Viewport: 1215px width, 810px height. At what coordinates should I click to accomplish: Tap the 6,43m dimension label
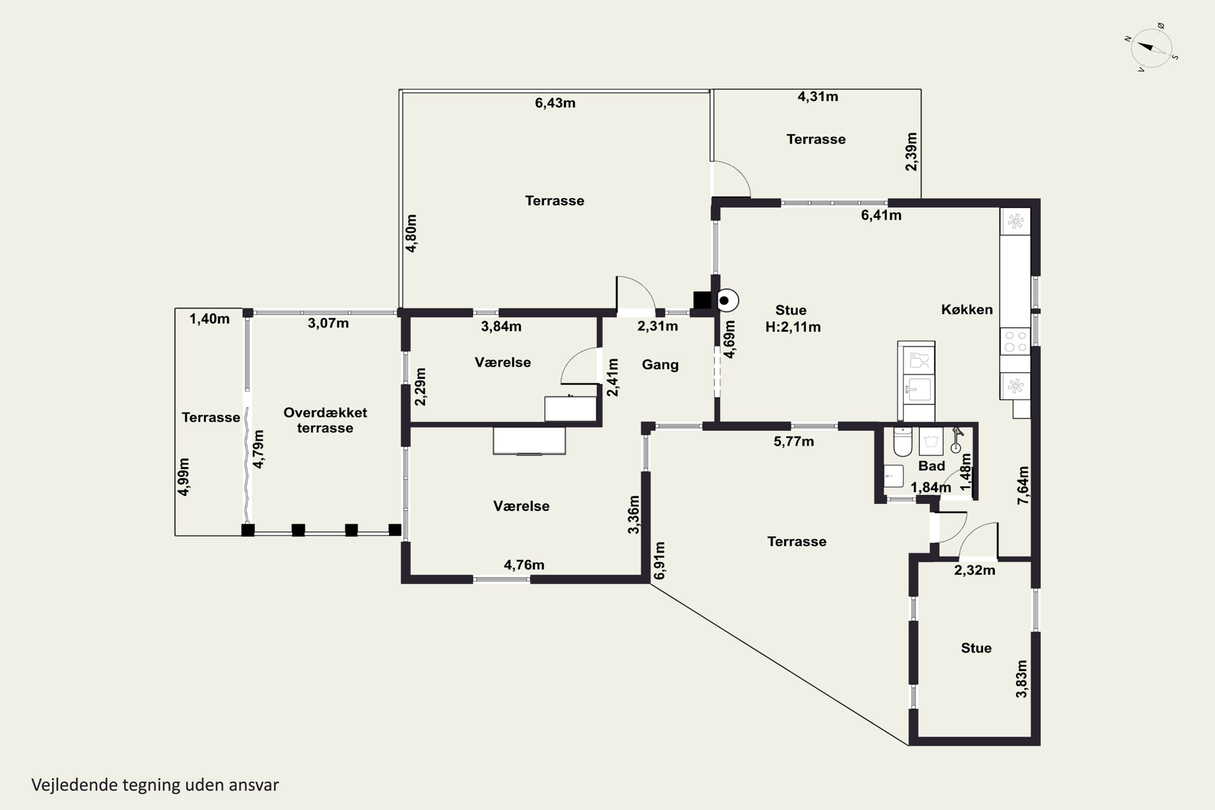click(555, 103)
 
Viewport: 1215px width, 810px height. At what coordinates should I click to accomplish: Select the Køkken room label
click(966, 309)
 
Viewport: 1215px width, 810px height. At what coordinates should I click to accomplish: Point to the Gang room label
click(660, 365)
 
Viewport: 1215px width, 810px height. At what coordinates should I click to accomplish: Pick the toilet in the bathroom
click(902, 442)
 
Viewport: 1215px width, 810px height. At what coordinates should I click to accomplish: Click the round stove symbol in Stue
click(727, 300)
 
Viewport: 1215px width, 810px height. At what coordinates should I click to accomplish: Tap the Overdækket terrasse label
click(325, 420)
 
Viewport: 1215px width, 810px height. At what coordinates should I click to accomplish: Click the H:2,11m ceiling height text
click(793, 327)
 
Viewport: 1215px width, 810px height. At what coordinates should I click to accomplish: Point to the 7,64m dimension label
click(1023, 485)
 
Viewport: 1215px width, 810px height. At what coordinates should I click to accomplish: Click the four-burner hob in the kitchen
click(1015, 341)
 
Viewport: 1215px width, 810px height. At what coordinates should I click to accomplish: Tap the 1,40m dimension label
click(209, 319)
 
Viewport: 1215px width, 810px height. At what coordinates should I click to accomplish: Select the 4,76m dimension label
click(524, 565)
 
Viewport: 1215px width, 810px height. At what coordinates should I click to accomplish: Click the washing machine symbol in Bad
click(931, 441)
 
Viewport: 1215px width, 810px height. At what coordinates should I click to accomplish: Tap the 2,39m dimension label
click(912, 152)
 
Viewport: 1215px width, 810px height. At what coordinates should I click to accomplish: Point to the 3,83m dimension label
click(1021, 679)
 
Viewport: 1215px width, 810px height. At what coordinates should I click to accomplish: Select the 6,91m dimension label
click(660, 561)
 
